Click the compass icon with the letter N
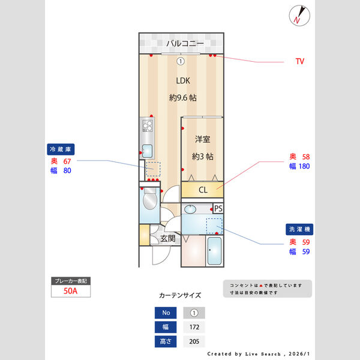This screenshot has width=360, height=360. tap(299, 15)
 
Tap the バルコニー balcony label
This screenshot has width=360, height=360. tap(185, 43)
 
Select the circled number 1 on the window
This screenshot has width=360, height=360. tap(180, 61)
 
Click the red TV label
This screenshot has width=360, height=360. tap(300, 61)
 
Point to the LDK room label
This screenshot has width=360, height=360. tap(183, 80)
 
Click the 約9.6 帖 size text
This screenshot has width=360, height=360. tap(183, 97)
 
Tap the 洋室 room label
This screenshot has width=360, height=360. tap(202, 139)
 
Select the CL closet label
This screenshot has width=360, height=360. tap(203, 190)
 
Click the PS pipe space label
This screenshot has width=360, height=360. tap(218, 208)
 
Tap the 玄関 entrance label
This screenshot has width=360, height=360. tap(167, 238)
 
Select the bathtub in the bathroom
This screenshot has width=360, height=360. tap(214, 252)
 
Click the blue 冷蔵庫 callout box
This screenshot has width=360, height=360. tap(61, 149)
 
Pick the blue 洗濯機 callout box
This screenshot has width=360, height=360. tap(298, 229)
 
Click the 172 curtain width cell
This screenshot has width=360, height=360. tap(194, 327)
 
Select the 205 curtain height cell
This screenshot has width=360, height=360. tap(194, 341)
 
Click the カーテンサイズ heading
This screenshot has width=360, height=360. tap(180, 295)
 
